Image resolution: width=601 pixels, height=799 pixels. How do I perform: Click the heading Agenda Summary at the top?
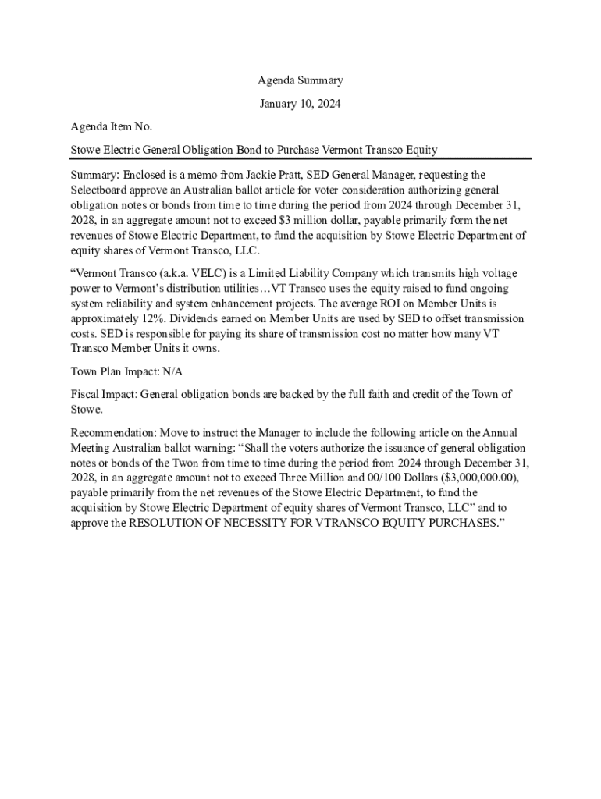click(x=300, y=80)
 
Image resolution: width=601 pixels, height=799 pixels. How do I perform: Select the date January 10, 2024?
click(x=300, y=103)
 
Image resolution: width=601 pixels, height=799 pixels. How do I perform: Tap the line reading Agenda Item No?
click(x=112, y=126)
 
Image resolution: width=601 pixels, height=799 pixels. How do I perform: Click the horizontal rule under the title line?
click(x=300, y=158)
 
